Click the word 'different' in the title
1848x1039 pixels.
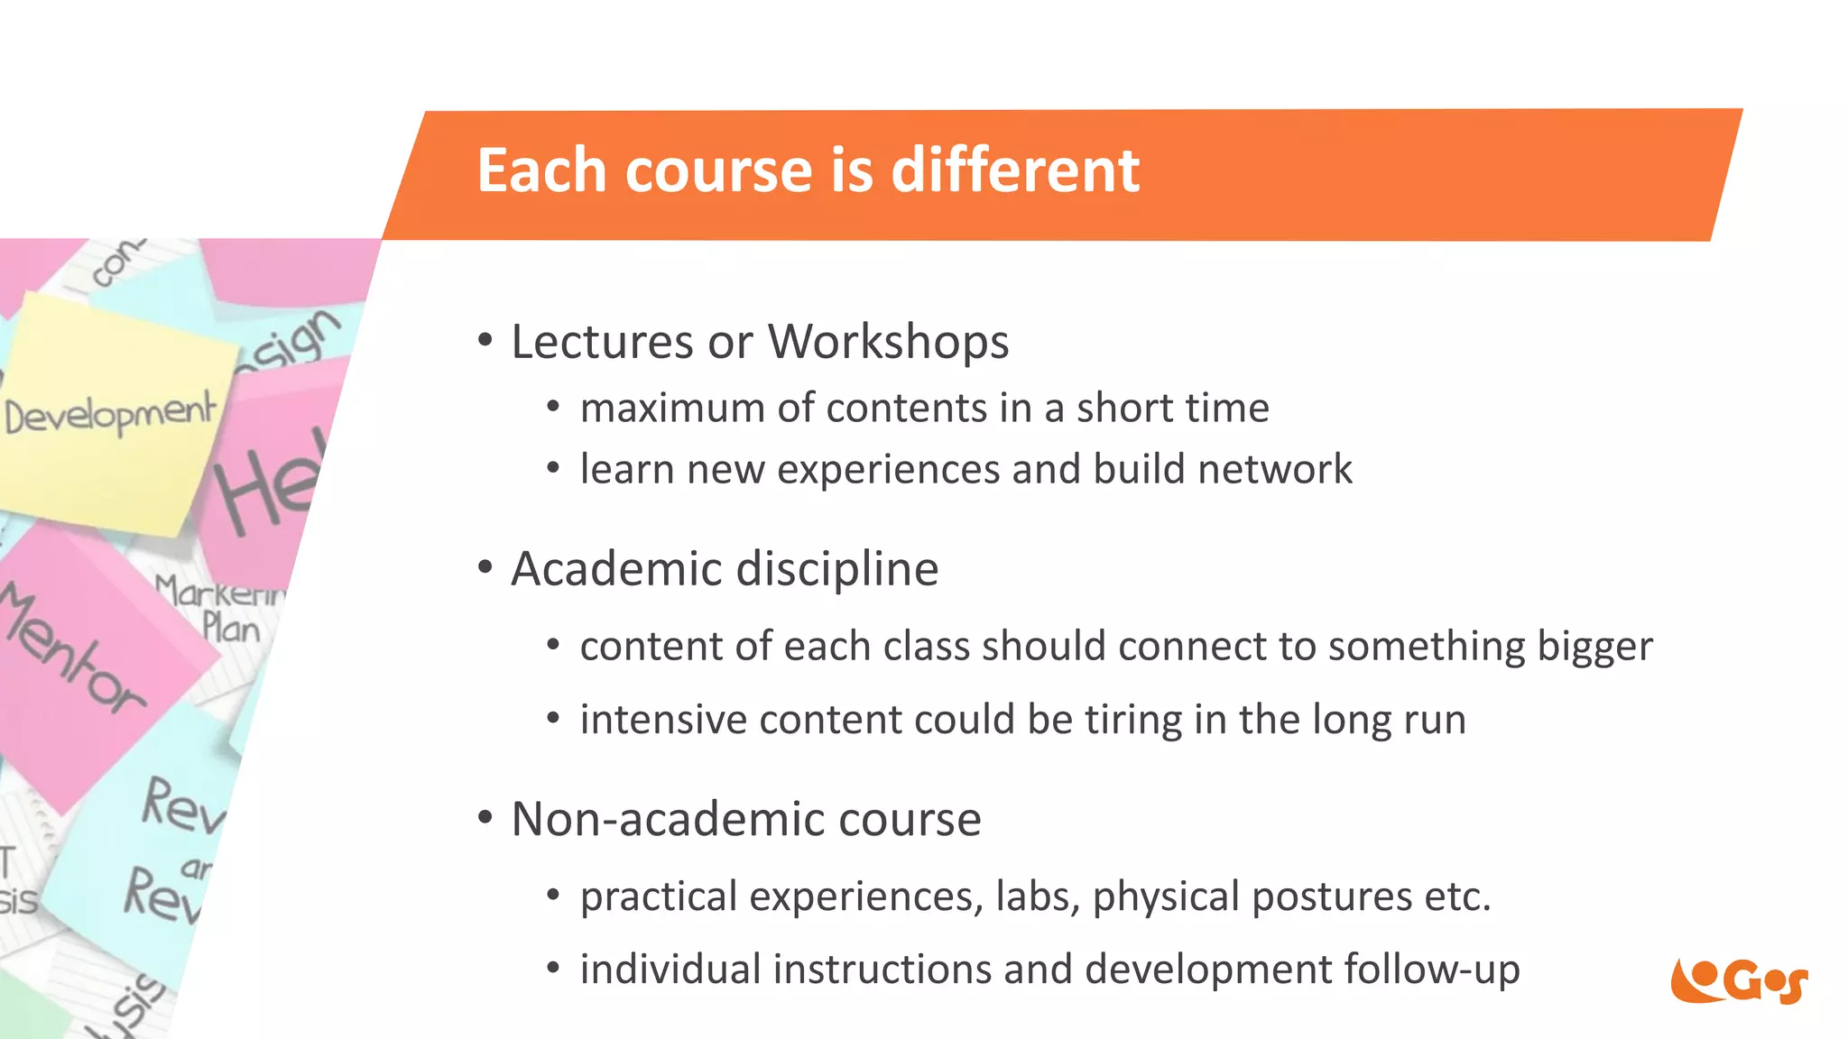pyautogui.click(x=1015, y=170)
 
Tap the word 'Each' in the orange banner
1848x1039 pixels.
pyautogui.click(x=544, y=170)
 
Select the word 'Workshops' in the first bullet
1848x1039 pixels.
pyautogui.click(x=888, y=342)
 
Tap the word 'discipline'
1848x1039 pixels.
pyautogui.click(x=837, y=569)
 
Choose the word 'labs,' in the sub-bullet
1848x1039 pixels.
pyautogui.click(x=1038, y=896)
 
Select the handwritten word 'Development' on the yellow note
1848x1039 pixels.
pyautogui.click(x=111, y=415)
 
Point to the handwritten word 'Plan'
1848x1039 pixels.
pyautogui.click(x=231, y=628)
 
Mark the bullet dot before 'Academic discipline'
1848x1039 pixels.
pyautogui.click(x=485, y=568)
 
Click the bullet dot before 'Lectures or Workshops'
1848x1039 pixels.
pyautogui.click(x=485, y=341)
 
